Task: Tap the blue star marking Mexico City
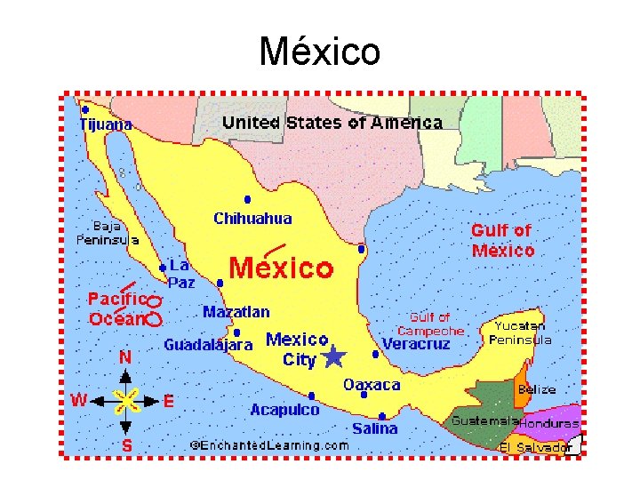point(334,357)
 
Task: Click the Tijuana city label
point(106,125)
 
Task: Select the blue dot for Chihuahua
point(247,199)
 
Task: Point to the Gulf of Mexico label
point(503,240)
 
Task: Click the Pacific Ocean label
point(116,308)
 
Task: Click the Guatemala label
point(484,420)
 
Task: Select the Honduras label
point(548,424)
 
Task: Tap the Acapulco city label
point(284,410)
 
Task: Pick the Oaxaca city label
point(372,385)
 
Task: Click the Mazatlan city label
point(236,312)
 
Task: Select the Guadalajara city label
point(208,344)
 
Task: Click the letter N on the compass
point(126,357)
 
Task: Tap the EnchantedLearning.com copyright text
point(269,444)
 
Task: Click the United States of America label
point(332,123)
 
